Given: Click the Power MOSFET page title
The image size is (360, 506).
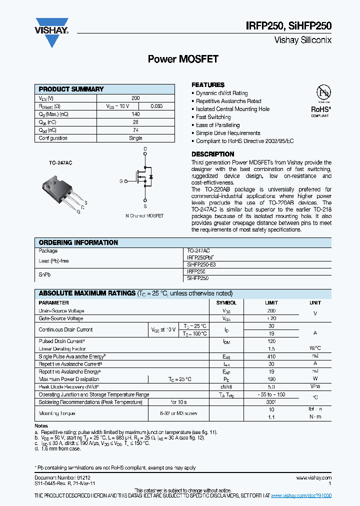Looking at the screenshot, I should tap(183, 59).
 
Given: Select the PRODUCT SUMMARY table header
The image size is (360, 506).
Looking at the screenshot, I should tap(71, 89).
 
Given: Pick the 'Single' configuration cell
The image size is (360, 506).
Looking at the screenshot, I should tap(135, 138).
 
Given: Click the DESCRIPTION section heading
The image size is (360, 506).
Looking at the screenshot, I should tap(212, 154).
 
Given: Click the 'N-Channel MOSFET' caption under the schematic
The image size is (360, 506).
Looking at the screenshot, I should tap(144, 215).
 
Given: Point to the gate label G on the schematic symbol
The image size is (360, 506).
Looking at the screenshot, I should tap(120, 181).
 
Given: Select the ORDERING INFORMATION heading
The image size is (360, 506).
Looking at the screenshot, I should tap(78, 242).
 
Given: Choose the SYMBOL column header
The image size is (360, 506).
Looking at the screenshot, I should tap(226, 303).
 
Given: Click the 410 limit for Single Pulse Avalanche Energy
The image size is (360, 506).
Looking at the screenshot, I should tap(271, 356).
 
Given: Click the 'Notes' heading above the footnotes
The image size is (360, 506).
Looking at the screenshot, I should tap(41, 425).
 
